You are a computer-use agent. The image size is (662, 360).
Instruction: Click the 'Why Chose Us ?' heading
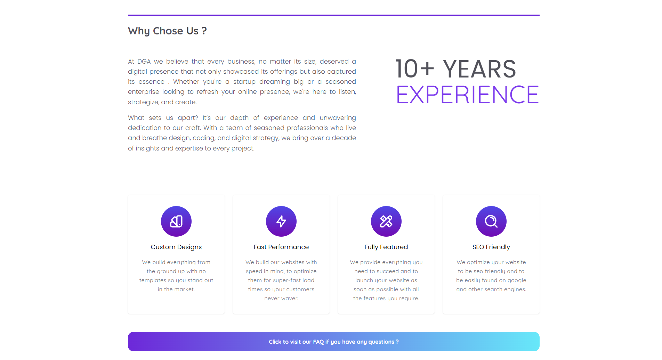(167, 31)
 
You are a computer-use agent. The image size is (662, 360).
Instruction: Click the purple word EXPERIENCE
(467, 95)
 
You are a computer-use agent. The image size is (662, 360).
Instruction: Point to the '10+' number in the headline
(415, 69)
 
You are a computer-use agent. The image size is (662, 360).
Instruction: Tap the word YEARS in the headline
(479, 69)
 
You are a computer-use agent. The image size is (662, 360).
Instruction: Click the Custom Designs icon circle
(176, 221)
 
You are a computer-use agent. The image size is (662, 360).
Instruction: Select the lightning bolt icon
(281, 221)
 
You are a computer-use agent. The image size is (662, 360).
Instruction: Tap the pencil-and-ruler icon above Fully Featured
(386, 221)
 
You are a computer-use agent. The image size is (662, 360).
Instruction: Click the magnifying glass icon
(491, 221)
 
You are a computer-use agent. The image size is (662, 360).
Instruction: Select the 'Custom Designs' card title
(176, 247)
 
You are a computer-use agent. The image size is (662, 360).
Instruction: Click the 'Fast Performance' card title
(281, 247)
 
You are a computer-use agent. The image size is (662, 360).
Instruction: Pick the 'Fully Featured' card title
(386, 247)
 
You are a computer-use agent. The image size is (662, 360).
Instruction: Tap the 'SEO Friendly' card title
(491, 247)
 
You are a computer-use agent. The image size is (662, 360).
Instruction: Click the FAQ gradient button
(334, 342)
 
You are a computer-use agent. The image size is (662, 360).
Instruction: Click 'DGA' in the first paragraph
(144, 62)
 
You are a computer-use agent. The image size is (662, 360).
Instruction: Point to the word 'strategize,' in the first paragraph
(143, 102)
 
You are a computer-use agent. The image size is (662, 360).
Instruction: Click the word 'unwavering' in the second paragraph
(338, 118)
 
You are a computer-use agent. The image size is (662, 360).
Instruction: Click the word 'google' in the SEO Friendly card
(517, 281)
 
